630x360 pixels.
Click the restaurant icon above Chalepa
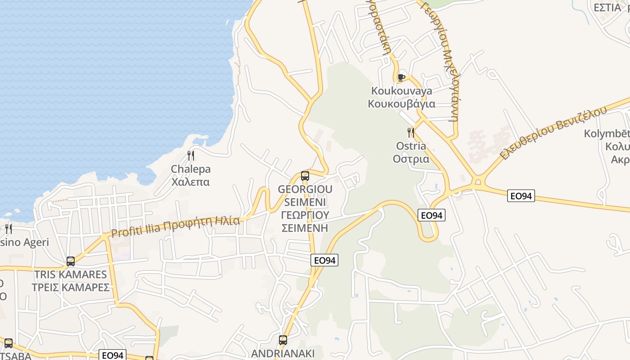pos(191,156)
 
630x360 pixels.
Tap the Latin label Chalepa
pos(190,169)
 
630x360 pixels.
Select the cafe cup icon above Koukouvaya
pos(401,77)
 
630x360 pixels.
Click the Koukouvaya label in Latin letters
pos(401,91)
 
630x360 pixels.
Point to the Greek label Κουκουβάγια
pos(401,104)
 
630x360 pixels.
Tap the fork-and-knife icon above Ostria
pos(410,132)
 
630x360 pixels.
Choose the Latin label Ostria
pos(410,146)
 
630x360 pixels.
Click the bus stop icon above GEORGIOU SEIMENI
pos(305,175)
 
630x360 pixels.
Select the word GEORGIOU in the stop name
pos(305,189)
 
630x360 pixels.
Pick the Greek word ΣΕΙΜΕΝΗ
pos(305,228)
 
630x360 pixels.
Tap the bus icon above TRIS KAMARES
pos(71,261)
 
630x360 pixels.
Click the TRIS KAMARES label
pos(71,274)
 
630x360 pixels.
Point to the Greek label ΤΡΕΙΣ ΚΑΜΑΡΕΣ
pos(71,287)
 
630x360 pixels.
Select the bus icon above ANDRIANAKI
pos(283,340)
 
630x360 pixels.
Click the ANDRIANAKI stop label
pos(283,353)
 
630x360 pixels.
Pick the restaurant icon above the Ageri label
pos(8,229)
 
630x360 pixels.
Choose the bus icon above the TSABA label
pos(8,343)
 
